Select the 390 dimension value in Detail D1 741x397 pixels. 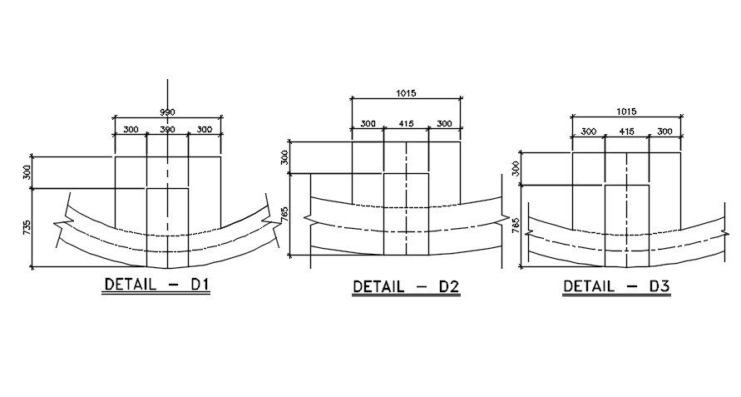[168, 130]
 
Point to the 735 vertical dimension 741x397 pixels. [27, 227]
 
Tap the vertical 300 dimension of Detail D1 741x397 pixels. [27, 171]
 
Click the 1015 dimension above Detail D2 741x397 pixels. [406, 95]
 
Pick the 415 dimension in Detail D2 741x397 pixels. [406, 124]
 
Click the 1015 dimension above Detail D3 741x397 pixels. [626, 112]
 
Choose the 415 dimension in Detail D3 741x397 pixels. [626, 132]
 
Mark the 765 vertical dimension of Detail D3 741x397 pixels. [516, 225]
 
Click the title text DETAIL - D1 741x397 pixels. [156, 285]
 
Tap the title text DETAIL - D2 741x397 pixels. [406, 287]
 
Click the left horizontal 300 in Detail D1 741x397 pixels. [131, 130]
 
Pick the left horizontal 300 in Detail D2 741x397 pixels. [368, 124]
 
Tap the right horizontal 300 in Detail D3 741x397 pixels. [664, 132]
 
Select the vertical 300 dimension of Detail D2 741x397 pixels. [284, 157]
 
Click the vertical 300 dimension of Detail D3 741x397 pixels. [516, 169]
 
